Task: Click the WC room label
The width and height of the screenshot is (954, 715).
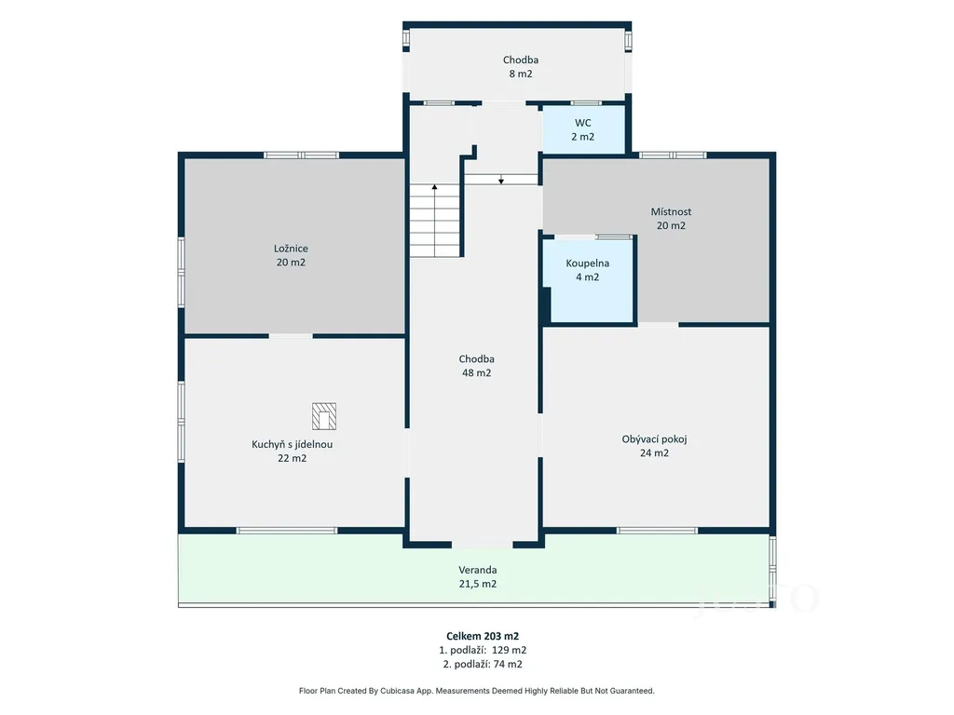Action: pyautogui.click(x=583, y=129)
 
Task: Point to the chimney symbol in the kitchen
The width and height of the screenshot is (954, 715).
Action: pyautogui.click(x=324, y=416)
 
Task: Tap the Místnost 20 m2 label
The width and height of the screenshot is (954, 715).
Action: pyautogui.click(x=671, y=218)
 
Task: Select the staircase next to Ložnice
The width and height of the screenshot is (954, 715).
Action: pyautogui.click(x=434, y=220)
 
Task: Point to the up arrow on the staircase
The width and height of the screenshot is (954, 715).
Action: pyautogui.click(x=434, y=220)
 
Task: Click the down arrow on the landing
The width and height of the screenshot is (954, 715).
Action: pyautogui.click(x=500, y=180)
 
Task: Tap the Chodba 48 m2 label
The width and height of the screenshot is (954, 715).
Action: pyautogui.click(x=476, y=366)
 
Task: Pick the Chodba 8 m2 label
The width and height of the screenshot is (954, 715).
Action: pyautogui.click(x=521, y=67)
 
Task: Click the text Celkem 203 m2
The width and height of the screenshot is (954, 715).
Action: pyautogui.click(x=483, y=636)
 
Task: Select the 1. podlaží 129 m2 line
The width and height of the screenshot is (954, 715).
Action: pyautogui.click(x=483, y=650)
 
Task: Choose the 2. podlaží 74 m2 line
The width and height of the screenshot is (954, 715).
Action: pyautogui.click(x=483, y=664)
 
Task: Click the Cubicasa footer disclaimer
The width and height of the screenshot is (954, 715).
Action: pyautogui.click(x=476, y=691)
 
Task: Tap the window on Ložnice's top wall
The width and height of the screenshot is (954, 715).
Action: pyautogui.click(x=302, y=155)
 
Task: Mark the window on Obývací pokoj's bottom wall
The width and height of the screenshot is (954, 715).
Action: pyautogui.click(x=657, y=531)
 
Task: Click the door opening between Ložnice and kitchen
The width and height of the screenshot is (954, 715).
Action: pyautogui.click(x=291, y=335)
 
